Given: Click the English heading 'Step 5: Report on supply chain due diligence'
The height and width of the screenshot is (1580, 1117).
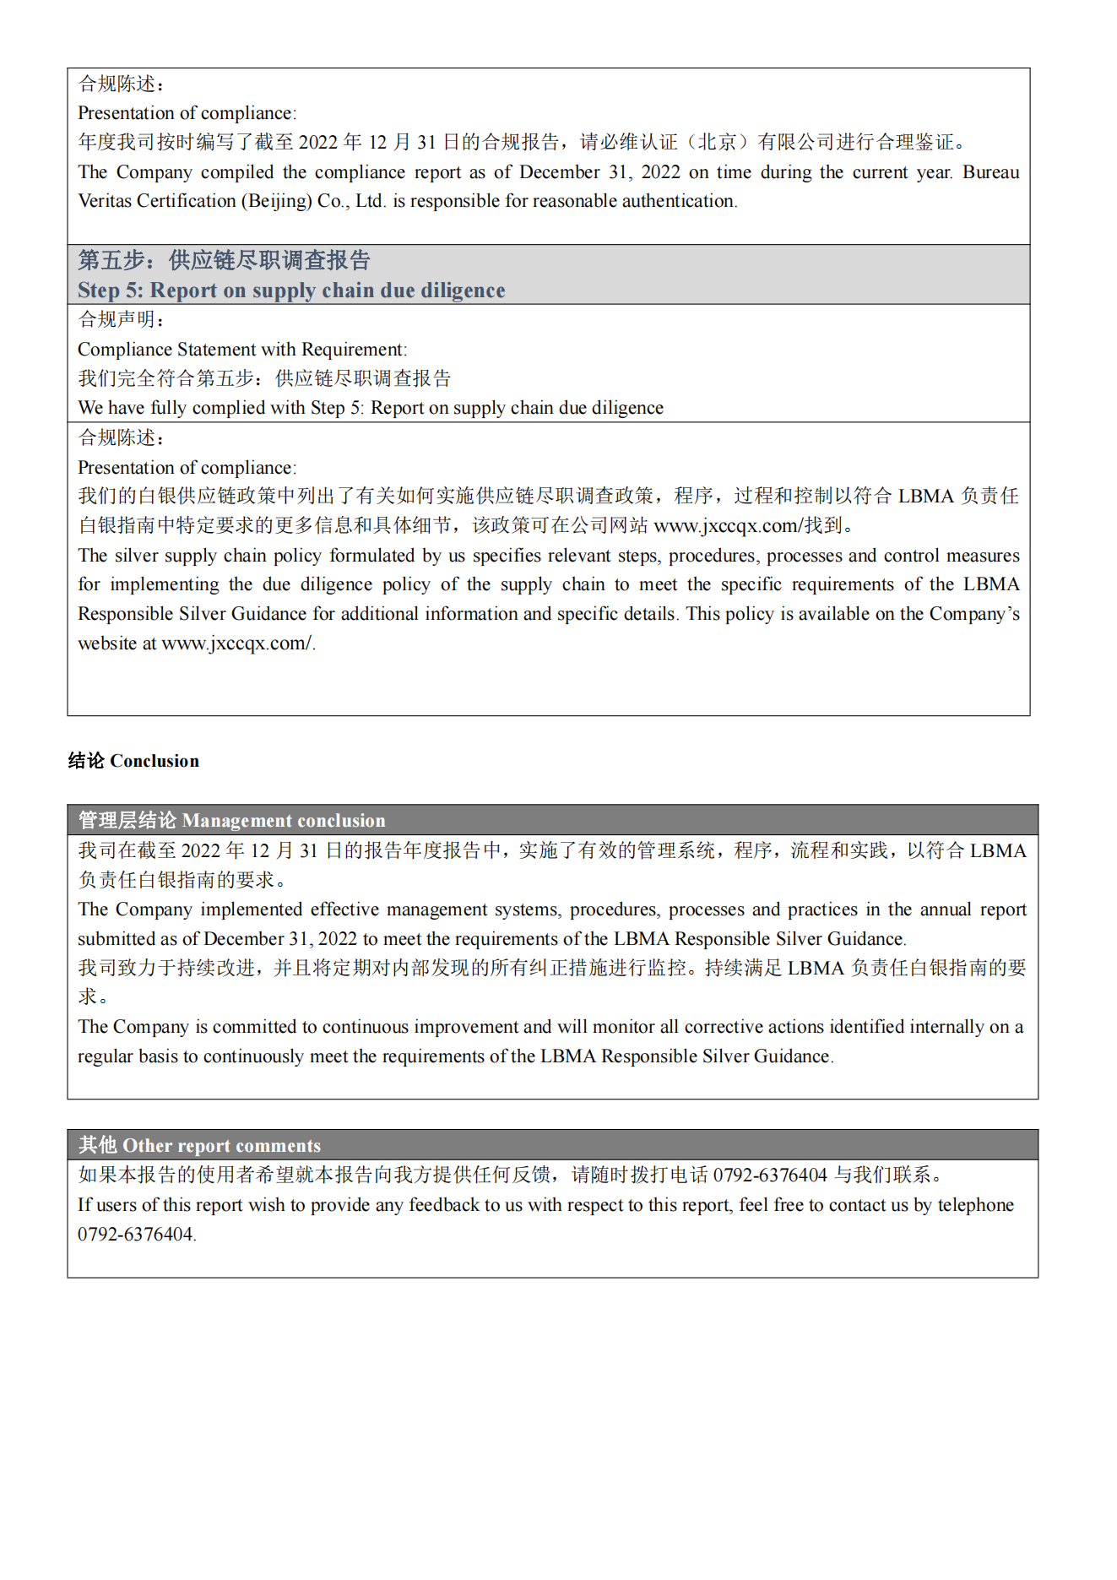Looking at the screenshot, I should pos(291,290).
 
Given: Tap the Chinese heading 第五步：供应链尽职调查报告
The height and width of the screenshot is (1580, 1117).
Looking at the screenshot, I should pos(224,260).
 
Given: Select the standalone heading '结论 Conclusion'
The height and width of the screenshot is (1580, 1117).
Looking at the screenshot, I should pos(133,761).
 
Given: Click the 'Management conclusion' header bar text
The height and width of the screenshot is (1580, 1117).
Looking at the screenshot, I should pos(283,821).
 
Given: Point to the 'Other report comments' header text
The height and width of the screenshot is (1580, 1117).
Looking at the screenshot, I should pos(221,1146).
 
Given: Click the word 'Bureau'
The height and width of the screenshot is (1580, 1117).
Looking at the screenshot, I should pos(990,172).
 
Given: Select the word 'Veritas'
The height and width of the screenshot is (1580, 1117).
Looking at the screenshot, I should pos(105,201).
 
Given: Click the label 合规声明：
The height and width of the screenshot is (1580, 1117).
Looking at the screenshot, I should pos(122,320).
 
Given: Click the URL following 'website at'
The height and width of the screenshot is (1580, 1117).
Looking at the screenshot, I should pos(236,643).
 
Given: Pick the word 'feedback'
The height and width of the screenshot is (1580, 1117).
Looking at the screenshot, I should pos(445,1205).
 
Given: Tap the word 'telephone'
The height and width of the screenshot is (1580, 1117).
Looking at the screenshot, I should pos(975,1205).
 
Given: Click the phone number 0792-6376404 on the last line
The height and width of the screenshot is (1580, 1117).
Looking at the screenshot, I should pos(136,1235).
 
